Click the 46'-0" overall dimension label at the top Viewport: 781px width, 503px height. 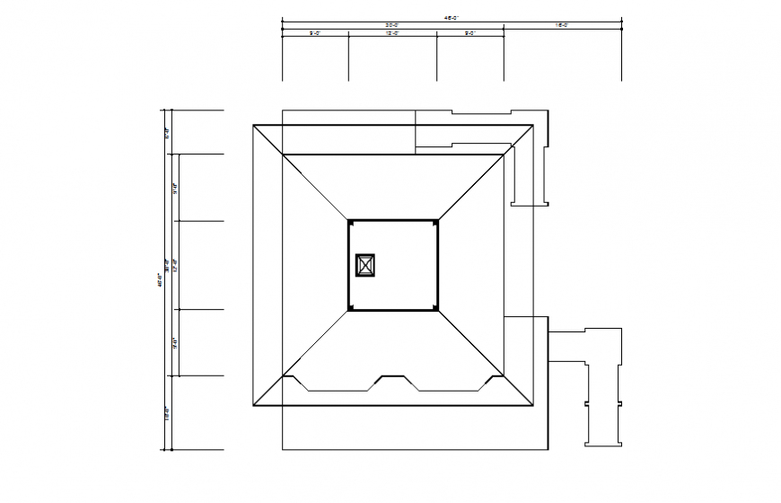tap(452, 16)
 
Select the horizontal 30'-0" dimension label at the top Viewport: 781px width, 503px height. tap(392, 25)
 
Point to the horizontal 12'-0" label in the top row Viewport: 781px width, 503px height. tap(392, 33)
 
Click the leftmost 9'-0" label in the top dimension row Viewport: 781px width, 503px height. tap(315, 33)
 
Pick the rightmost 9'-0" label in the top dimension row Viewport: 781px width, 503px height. tap(469, 33)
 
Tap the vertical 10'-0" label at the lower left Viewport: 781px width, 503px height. tap(167, 413)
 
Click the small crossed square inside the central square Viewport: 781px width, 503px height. tap(365, 265)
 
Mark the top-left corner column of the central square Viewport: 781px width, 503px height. tap(351, 221)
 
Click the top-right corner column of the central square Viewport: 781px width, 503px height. tap(435, 221)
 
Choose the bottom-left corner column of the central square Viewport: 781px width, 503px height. tap(351, 308)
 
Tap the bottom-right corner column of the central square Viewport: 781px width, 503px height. tap(435, 308)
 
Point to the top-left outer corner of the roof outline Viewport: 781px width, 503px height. tap(254, 126)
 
